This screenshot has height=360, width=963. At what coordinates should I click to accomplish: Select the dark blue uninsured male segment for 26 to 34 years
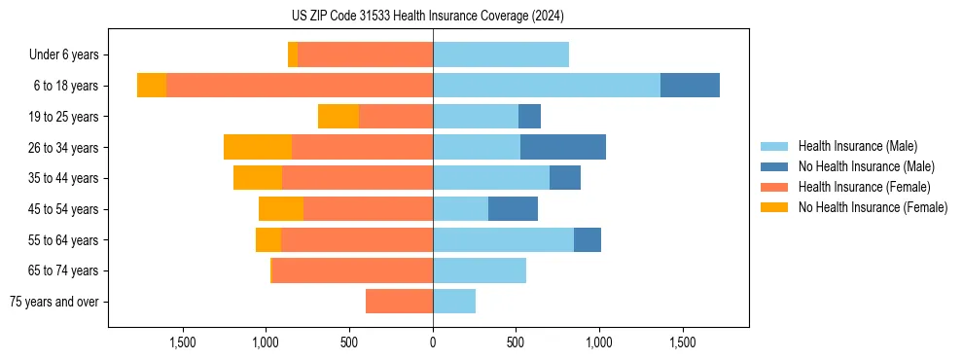pos(563,147)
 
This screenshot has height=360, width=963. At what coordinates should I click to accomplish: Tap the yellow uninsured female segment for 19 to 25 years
pos(339,117)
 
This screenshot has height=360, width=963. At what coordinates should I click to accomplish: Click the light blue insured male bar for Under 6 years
pos(501,55)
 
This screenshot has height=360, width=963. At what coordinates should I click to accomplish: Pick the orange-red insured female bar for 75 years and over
pos(399,302)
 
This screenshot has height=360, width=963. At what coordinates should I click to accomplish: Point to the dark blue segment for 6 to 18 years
pos(690,86)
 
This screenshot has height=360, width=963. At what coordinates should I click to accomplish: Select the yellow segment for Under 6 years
pos(293,55)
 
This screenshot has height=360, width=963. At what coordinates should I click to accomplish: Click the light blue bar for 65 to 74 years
pos(480,270)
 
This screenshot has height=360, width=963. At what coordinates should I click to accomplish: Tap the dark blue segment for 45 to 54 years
pos(513,209)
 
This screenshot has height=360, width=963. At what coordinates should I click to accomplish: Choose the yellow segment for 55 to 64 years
pos(268,240)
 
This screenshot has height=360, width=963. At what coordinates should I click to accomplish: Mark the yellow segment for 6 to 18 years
pos(152,86)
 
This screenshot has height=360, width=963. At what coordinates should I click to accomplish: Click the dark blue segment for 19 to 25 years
pos(529,117)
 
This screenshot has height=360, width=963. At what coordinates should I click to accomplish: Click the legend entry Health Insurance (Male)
pos(857,146)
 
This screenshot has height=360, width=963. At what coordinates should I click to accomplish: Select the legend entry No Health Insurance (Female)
pos(873,207)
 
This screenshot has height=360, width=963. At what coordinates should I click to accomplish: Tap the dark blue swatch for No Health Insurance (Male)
pos(774,166)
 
